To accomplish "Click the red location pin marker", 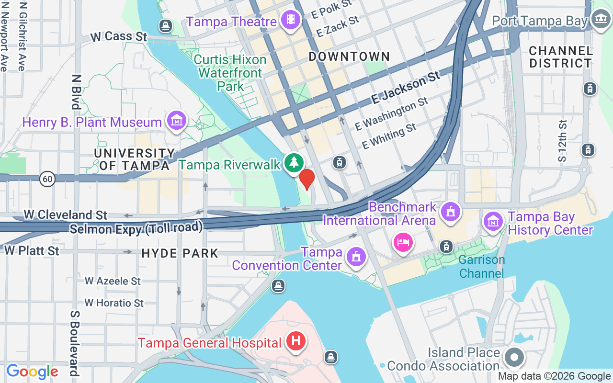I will [x=307, y=179].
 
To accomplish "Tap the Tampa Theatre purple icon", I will [x=291, y=20].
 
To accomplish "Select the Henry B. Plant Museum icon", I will [x=176, y=121].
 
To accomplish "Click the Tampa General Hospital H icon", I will [x=296, y=342].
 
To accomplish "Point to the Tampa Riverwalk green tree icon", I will [x=293, y=163].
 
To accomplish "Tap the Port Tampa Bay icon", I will [x=600, y=20].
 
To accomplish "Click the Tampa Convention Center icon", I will [x=356, y=258].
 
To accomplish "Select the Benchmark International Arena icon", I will [x=450, y=212].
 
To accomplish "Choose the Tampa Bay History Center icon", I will [x=493, y=222].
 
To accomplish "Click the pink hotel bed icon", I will [x=403, y=242].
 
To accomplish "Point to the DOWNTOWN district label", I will [x=349, y=56].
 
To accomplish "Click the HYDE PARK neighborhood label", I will [x=180, y=253].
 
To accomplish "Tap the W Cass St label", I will [x=119, y=36].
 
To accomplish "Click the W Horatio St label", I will [x=114, y=303].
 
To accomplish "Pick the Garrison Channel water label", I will [x=481, y=267].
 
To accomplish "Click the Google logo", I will [x=32, y=372].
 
